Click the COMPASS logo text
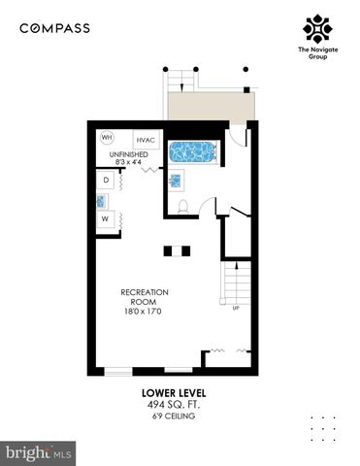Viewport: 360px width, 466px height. coord(54,28)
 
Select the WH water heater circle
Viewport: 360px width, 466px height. coord(107,137)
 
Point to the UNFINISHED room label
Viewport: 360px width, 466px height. coord(128,154)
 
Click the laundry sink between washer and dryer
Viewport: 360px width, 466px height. coord(102,201)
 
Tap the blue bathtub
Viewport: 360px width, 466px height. coord(192,151)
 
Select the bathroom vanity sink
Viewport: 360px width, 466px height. coord(177,180)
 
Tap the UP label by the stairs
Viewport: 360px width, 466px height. coord(235,309)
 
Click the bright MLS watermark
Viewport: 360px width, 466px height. coord(39,452)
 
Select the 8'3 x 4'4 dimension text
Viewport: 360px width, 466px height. coord(128,163)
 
